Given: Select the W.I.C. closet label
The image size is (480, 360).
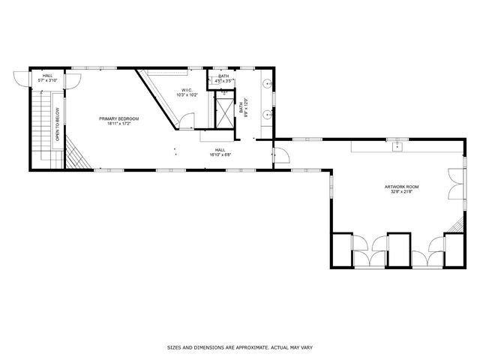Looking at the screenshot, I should point(186,90).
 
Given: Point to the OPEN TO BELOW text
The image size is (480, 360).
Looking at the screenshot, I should point(57,124).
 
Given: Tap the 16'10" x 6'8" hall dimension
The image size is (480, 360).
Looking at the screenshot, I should point(219,155).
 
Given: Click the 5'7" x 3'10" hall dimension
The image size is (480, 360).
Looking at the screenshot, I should point(47,80).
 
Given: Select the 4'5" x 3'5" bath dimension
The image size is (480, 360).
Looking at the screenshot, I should point(223,80).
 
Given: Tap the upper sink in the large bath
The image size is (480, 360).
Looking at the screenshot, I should point(268,85).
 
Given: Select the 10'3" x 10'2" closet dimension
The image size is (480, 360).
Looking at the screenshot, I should point(186,95).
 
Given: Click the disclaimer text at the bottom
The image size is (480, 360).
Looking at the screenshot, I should point(240,348).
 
